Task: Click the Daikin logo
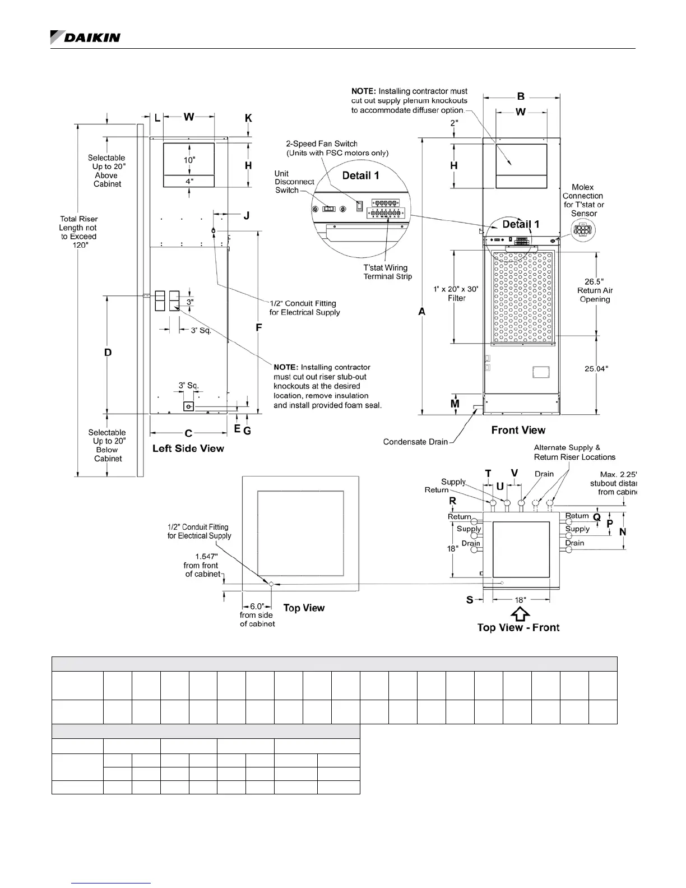(85, 37)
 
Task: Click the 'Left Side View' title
(188, 448)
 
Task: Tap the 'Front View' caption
(518, 430)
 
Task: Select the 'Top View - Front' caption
(518, 627)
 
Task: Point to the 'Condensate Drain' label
(415, 442)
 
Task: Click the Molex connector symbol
(583, 230)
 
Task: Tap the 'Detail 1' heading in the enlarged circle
(360, 175)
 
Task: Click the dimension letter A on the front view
(422, 311)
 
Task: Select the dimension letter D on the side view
(108, 353)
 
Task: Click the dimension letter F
(258, 327)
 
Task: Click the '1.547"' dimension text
(206, 556)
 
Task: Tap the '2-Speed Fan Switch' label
(322, 144)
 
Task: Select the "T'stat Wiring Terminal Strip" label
(387, 272)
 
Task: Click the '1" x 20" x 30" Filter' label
(456, 293)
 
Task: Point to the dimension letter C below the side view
(188, 433)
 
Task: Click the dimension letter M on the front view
(455, 404)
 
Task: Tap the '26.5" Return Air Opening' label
(595, 290)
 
